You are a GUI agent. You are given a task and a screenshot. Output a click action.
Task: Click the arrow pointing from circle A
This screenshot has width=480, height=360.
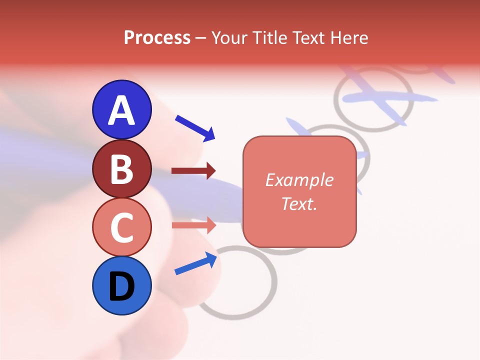(x=194, y=127)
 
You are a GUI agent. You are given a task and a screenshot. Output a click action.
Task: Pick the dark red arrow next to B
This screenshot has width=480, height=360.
(x=193, y=171)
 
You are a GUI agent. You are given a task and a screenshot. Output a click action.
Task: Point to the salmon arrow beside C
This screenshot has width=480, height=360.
(x=193, y=225)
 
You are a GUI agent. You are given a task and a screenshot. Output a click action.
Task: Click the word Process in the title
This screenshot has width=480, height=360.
(x=157, y=38)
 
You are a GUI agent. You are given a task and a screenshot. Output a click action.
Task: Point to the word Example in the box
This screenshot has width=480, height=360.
(x=299, y=180)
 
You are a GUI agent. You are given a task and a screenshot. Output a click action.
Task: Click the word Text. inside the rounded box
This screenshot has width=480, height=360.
(x=299, y=203)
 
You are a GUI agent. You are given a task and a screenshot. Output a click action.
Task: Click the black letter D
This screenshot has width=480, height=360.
(x=122, y=287)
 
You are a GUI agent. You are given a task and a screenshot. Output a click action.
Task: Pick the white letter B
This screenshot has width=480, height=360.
(x=122, y=169)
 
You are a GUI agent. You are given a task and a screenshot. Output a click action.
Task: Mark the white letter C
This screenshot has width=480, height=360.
(x=122, y=227)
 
